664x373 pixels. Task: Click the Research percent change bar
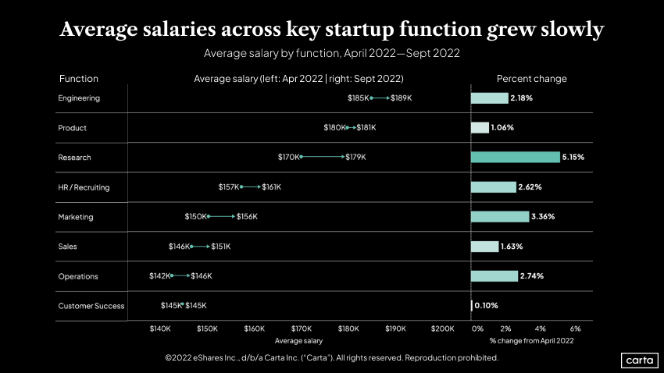point(515,157)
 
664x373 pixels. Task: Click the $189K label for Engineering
point(401,98)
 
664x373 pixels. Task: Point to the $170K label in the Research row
point(288,157)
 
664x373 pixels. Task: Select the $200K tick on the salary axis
point(443,329)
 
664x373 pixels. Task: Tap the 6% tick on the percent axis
point(576,329)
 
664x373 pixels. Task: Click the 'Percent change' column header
point(532,79)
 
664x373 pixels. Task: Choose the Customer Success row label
point(91,306)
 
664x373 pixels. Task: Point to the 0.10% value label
point(486,306)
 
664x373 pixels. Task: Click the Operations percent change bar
point(494,276)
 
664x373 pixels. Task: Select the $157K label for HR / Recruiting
point(229,187)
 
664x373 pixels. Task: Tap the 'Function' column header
point(78,79)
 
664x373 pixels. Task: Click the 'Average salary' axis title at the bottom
point(298,341)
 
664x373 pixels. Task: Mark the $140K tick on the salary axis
point(160,329)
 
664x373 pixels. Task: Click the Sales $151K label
point(221,247)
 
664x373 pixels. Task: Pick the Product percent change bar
point(480,128)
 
